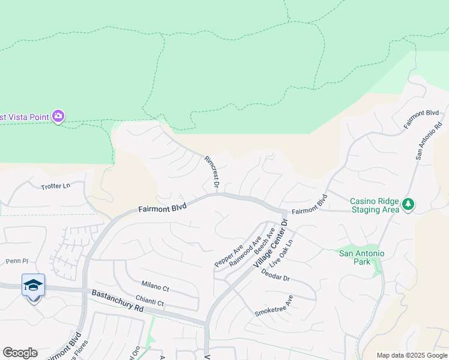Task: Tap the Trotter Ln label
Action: pyautogui.click(x=56, y=186)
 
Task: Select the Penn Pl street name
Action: pyautogui.click(x=17, y=261)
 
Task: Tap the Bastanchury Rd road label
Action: pyautogui.click(x=118, y=301)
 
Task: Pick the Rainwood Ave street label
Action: pyautogui.click(x=245, y=251)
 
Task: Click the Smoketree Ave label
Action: pyautogui.click(x=274, y=306)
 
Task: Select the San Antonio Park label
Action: pyautogui.click(x=361, y=258)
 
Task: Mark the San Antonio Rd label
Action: pyautogui.click(x=429, y=142)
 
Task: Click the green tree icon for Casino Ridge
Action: pyautogui.click(x=408, y=205)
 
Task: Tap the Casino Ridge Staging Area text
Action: pyautogui.click(x=374, y=205)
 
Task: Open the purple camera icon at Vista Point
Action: pyautogui.click(x=58, y=116)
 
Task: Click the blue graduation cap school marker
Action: pyautogui.click(x=33, y=286)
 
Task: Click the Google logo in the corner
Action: pyautogui.click(x=20, y=353)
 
